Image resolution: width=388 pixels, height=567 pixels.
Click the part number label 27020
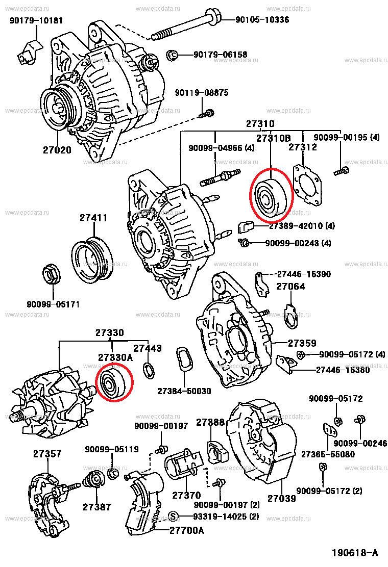click(x=57, y=150)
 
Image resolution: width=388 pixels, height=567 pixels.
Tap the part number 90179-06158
click(x=220, y=55)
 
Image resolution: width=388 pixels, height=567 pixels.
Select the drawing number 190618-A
click(x=354, y=553)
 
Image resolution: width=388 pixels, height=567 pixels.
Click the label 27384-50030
click(x=183, y=391)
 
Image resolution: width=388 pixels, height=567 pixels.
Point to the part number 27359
click(x=302, y=343)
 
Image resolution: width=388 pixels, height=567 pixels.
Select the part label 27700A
click(x=186, y=530)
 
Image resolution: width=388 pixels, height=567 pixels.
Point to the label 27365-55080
click(x=327, y=454)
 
